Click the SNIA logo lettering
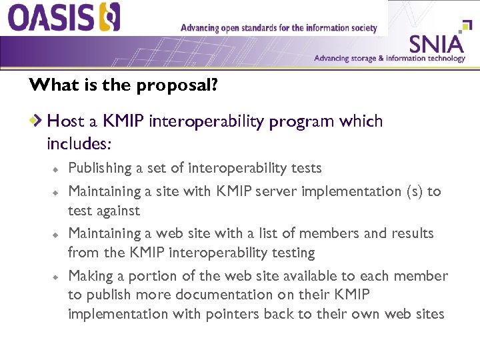(436, 44)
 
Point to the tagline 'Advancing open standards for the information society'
(279, 28)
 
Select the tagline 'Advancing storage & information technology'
(389, 59)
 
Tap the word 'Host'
(64, 121)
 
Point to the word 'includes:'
(79, 143)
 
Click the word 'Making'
(89, 276)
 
